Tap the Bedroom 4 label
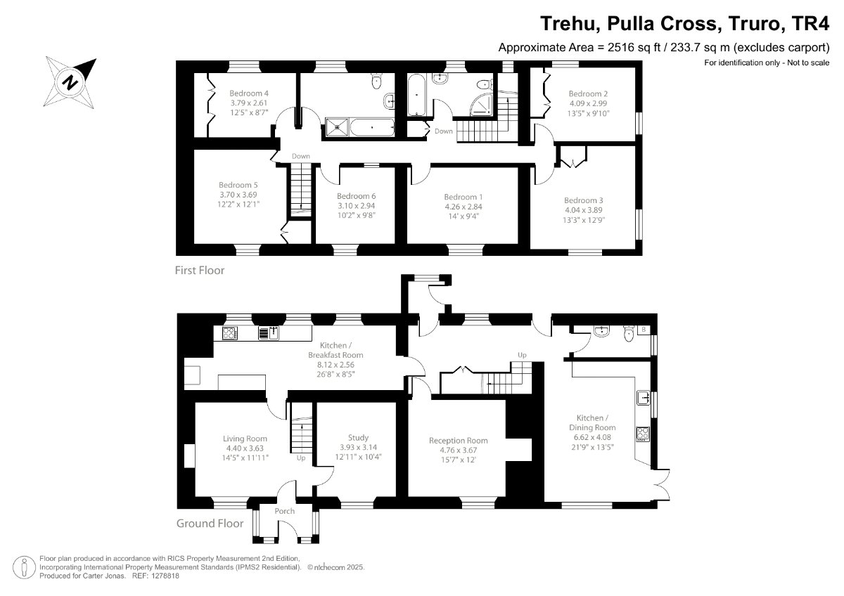[x=249, y=93]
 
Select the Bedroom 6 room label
[x=356, y=196]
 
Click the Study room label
[x=358, y=437]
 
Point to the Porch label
[x=285, y=511]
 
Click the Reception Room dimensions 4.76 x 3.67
[x=458, y=451]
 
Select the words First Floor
[x=200, y=270]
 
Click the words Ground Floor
[x=210, y=523]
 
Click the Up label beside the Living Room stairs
[x=301, y=458]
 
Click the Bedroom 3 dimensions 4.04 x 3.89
[x=583, y=210]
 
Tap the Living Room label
[x=245, y=439]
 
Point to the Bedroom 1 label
[x=463, y=197]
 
